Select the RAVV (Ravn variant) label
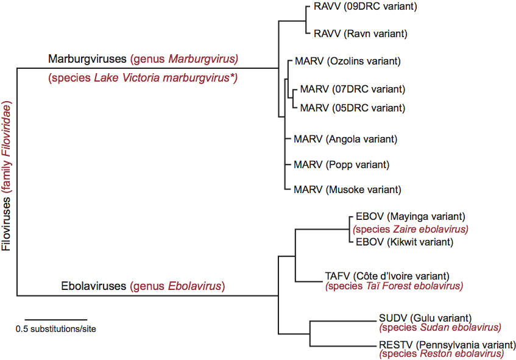coord(359,34)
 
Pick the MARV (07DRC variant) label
coord(352,90)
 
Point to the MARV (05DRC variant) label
coord(352,108)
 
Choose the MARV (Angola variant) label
coord(345,139)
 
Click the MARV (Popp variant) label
coord(341,164)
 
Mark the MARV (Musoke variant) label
coord(347,189)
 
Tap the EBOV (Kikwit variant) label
coord(403,242)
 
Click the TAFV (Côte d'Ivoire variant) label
coord(387,276)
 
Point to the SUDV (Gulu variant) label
coord(425,317)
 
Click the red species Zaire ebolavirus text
coord(411,229)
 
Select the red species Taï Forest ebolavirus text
coord(394,286)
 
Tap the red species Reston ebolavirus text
coord(441,353)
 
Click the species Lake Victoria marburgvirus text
coord(142,77)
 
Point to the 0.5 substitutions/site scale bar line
coord(57,319)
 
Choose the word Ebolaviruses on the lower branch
coord(94,286)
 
